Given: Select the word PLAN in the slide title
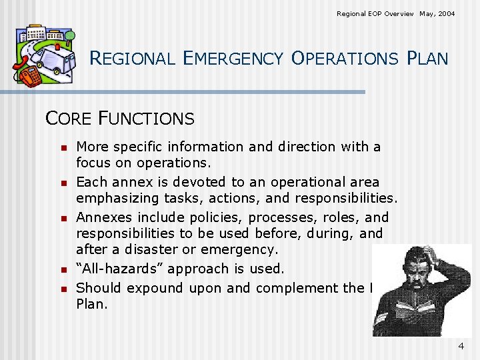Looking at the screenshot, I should pos(427,59).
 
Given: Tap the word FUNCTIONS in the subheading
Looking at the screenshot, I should pos(146,119).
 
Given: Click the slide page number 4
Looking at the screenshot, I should pos(461,346).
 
